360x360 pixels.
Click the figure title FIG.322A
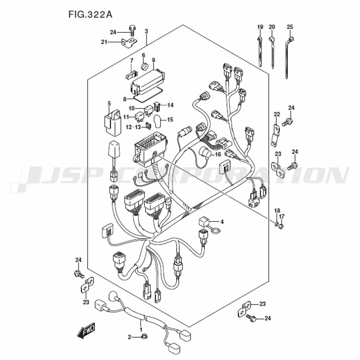[90, 14]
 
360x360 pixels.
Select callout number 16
[217, 154]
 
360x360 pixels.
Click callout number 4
[222, 222]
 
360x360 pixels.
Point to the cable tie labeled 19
[260, 51]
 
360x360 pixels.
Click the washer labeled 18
[276, 223]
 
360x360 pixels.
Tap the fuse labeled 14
[157, 106]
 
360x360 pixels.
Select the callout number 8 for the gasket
[125, 99]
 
